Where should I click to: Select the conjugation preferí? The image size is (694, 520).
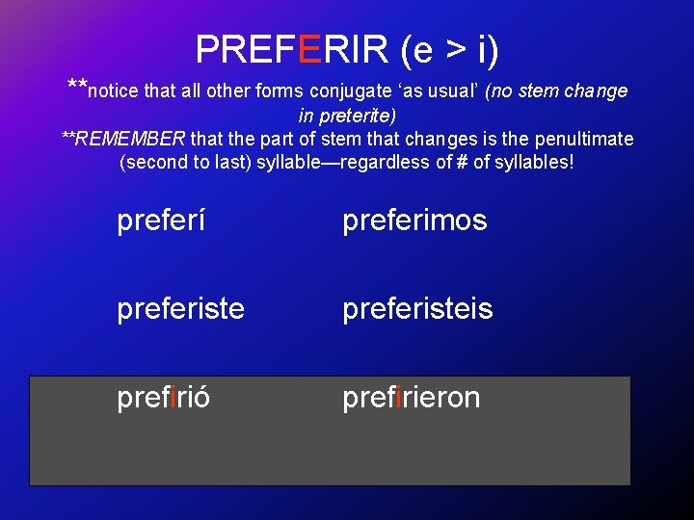pyautogui.click(x=161, y=221)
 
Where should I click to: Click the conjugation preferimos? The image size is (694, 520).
pyautogui.click(x=414, y=221)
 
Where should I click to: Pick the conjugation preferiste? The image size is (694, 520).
pyautogui.click(x=180, y=309)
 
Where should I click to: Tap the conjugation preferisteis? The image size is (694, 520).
pyautogui.click(x=417, y=309)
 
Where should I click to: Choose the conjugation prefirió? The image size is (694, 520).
pyautogui.click(x=164, y=398)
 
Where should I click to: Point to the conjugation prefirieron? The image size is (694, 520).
pyautogui.click(x=411, y=398)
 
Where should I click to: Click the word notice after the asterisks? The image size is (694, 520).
pyautogui.click(x=113, y=91)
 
